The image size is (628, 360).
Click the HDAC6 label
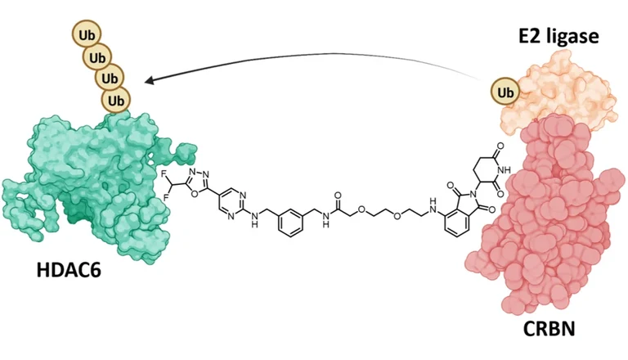pos(69,270)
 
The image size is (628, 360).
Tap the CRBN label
pos(549,329)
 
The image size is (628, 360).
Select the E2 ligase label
pos(558,37)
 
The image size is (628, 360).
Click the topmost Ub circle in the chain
pos(87,35)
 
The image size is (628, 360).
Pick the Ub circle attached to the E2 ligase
pos(505,92)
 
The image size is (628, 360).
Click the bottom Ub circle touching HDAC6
pos(116,100)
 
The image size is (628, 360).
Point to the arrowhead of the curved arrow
pos(150,80)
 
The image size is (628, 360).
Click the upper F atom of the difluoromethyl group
pos(164,173)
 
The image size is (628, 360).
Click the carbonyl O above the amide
pos(338,196)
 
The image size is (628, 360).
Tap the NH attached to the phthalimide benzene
pos(432,202)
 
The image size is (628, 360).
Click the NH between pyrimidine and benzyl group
pos(254,220)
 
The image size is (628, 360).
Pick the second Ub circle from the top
pos(97,58)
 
